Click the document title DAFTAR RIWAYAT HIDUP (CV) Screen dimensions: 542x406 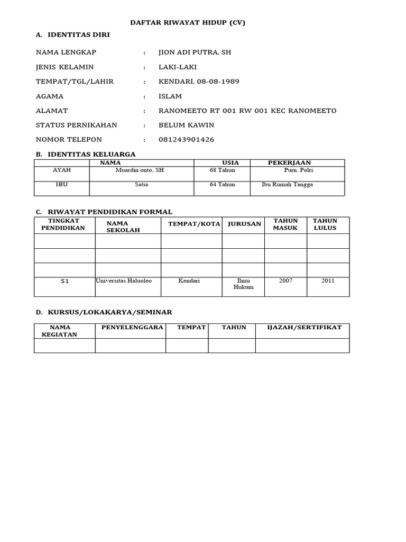pos(188,23)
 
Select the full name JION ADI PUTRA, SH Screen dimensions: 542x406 pos(195,52)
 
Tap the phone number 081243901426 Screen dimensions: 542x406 pos(187,140)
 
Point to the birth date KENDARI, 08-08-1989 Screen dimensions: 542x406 pos(199,82)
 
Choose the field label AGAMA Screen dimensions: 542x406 pos(49,96)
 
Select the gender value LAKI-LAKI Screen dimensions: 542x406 pos(178,67)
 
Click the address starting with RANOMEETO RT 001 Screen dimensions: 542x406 pos(247,111)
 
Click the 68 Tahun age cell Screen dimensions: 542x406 pos(223,170)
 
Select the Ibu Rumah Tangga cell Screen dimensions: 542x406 pos(287,185)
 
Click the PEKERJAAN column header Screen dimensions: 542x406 pos(289,162)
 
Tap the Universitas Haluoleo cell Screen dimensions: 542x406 pos(124,281)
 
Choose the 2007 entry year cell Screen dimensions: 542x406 pos(285,281)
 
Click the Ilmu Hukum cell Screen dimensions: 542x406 pos(243,284)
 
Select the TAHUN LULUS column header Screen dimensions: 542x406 pos(325,224)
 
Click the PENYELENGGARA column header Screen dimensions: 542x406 pos(132,327)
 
